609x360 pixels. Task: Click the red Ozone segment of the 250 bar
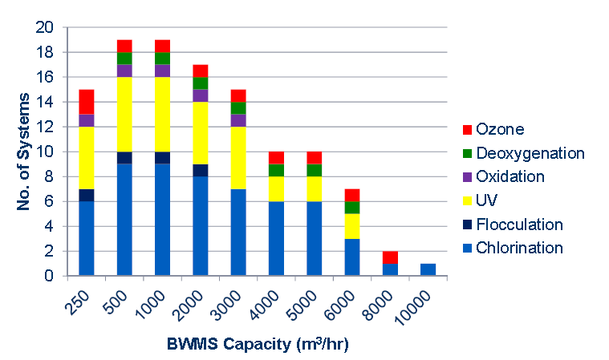click(87, 102)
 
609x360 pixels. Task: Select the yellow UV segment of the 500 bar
click(124, 114)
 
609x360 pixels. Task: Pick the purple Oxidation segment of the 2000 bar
click(200, 95)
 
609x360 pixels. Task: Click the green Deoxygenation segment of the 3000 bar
click(238, 108)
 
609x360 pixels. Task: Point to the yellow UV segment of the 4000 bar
click(276, 188)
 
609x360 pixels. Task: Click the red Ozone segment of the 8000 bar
click(389, 257)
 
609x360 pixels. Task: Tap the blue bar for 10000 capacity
click(427, 269)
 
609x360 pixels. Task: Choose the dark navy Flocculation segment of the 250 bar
click(87, 195)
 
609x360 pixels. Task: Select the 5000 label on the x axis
click(303, 307)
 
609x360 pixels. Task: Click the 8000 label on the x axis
click(379, 307)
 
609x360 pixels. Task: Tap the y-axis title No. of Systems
click(23, 152)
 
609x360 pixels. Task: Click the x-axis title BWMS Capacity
click(258, 345)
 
